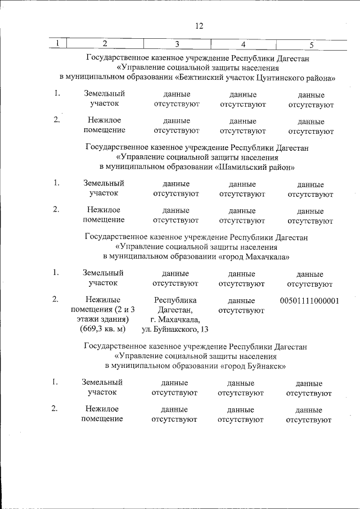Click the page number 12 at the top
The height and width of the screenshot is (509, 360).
click(199, 26)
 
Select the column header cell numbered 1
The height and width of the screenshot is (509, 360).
click(57, 44)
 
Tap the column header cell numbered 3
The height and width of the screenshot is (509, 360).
click(177, 44)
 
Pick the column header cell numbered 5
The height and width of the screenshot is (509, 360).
click(311, 44)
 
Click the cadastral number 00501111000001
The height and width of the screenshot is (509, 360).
click(309, 301)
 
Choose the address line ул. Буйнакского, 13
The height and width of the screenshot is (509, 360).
click(175, 328)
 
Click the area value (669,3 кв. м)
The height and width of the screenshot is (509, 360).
click(103, 328)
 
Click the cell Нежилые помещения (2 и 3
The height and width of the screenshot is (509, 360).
click(103, 305)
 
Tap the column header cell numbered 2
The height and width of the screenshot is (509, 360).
click(105, 44)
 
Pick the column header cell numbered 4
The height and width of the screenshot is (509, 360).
click(243, 44)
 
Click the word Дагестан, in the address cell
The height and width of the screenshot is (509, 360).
click(175, 310)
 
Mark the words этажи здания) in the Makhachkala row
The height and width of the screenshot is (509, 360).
click(103, 319)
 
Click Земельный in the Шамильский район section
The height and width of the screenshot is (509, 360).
click(103, 183)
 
